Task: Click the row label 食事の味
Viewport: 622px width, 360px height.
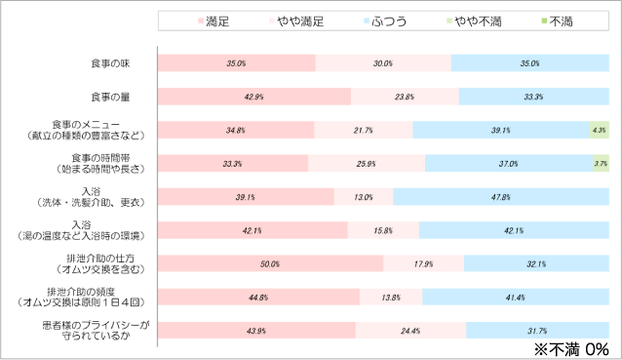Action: [x=110, y=63]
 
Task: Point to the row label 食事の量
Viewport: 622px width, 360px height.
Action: [x=110, y=98]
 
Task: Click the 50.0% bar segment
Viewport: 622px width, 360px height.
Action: [x=270, y=263]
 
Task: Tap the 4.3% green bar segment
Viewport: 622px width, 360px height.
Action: [x=599, y=130]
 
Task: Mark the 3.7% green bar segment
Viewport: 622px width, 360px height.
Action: [x=601, y=163]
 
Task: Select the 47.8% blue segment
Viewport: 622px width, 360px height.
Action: [x=501, y=197]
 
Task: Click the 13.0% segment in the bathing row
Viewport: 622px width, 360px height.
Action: [x=364, y=197]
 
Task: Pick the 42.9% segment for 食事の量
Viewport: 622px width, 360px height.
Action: [x=253, y=97]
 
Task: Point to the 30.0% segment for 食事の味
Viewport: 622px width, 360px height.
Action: [x=383, y=63]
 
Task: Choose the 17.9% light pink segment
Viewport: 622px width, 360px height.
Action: [x=423, y=263]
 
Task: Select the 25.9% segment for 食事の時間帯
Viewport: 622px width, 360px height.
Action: [x=367, y=163]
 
